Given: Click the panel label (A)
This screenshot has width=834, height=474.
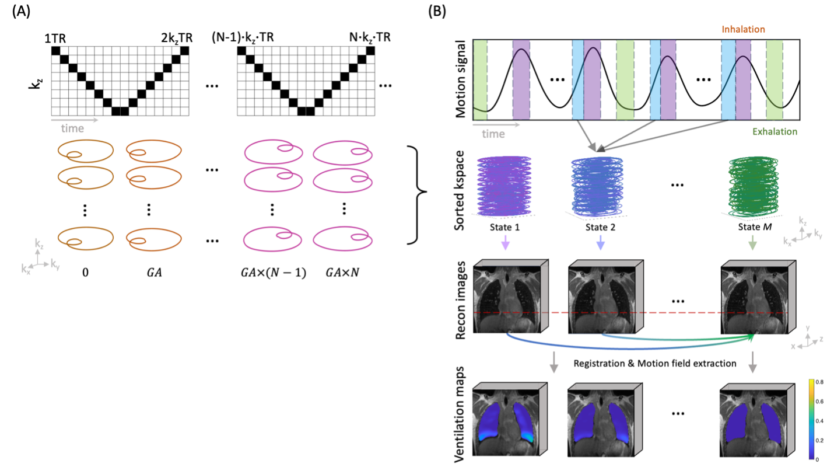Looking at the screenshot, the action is [21, 12].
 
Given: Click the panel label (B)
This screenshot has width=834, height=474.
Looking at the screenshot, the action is [437, 12].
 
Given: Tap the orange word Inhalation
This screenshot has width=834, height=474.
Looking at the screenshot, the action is [743, 29].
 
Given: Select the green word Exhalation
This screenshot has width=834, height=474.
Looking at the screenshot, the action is [775, 131].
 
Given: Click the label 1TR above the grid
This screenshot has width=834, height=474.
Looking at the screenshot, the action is [55, 39].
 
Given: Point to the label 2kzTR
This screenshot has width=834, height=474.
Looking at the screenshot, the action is [177, 39].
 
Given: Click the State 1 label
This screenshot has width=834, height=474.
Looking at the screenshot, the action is [504, 227].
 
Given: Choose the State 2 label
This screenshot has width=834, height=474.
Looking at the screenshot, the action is [600, 227].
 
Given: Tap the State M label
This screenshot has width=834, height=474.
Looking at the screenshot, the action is [755, 227].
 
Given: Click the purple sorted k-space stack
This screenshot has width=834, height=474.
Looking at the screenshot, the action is [504, 186].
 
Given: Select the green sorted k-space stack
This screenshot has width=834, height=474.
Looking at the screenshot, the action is [753, 186].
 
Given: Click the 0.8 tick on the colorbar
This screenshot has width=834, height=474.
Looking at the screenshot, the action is [819, 382].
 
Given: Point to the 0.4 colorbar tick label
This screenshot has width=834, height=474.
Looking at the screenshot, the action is [819, 421].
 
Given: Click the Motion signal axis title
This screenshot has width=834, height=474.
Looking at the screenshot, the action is [461, 79].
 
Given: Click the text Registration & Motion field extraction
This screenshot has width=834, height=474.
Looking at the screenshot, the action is [655, 363].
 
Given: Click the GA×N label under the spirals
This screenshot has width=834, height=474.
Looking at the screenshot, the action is [342, 273].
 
